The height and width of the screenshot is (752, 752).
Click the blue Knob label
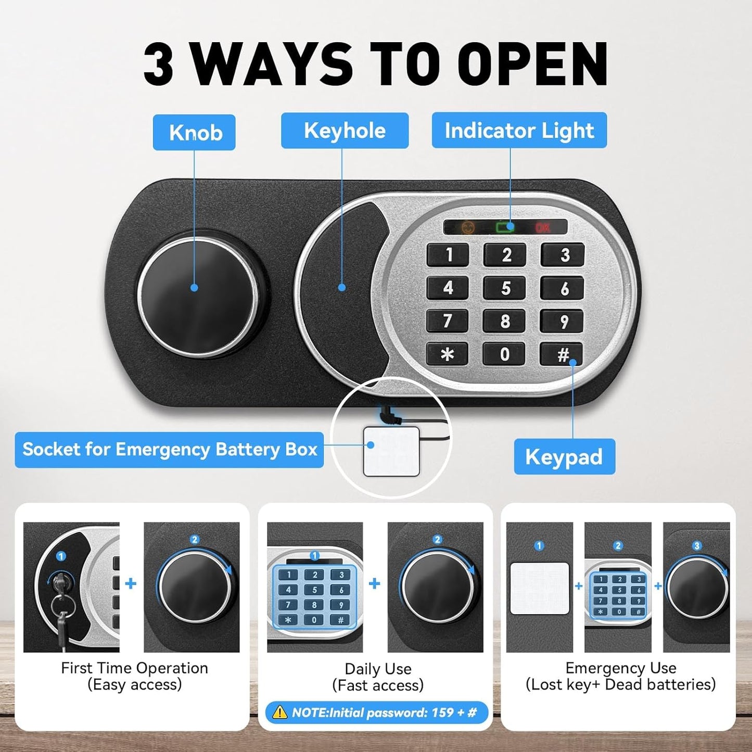(194, 133)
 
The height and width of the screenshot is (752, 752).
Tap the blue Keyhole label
(345, 131)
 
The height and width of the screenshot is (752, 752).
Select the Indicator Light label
(519, 131)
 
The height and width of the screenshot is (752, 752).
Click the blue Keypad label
(564, 456)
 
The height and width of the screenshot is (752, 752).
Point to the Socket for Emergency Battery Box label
(170, 449)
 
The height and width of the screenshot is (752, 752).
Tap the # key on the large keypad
(562, 354)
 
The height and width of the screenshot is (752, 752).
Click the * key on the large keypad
(447, 354)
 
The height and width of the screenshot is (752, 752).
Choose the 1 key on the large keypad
(448, 255)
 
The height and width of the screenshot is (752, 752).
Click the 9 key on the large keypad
(563, 322)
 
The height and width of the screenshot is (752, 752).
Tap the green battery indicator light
(504, 227)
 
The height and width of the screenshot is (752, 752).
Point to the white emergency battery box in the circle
(391, 451)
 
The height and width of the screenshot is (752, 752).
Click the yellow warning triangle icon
(279, 712)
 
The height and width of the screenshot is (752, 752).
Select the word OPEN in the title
(536, 64)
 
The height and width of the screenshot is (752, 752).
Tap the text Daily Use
(378, 669)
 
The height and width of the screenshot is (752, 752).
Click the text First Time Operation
(134, 668)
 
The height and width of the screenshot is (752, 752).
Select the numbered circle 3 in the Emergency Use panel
(697, 545)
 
